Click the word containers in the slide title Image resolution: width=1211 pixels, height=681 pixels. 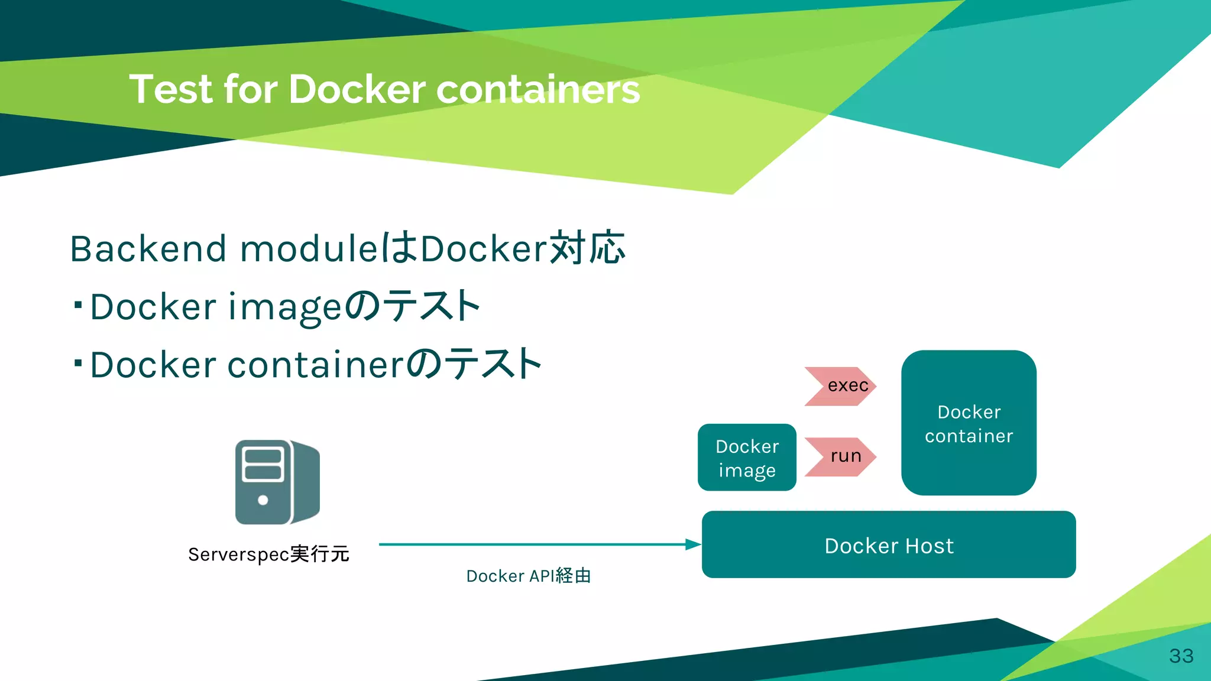click(x=538, y=90)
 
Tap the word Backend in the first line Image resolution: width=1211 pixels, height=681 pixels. click(x=148, y=248)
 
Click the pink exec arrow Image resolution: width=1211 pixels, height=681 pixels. click(x=840, y=386)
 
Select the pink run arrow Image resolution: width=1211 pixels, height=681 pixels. click(x=840, y=456)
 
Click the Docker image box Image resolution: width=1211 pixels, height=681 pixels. click(x=747, y=458)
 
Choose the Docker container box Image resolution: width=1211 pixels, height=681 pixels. click(x=969, y=423)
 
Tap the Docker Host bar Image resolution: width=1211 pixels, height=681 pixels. click(x=888, y=545)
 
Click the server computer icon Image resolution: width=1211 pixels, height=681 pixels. click(x=277, y=482)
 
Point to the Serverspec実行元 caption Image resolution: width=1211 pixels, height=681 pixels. click(x=268, y=554)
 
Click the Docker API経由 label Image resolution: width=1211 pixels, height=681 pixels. click(x=528, y=576)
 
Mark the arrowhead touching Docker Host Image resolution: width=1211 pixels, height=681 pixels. click(x=693, y=544)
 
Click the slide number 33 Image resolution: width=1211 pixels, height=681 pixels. click(x=1181, y=656)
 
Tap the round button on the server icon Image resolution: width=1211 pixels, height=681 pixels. click(x=263, y=500)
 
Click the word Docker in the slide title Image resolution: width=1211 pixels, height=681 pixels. click(x=357, y=90)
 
